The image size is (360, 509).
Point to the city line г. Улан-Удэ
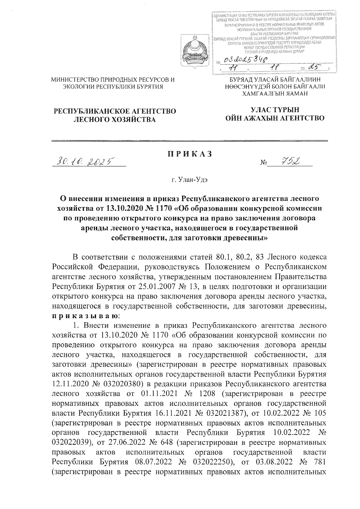(190, 180)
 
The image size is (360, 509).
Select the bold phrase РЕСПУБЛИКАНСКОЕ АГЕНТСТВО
(115, 112)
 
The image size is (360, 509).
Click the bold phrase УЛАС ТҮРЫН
(275, 110)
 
